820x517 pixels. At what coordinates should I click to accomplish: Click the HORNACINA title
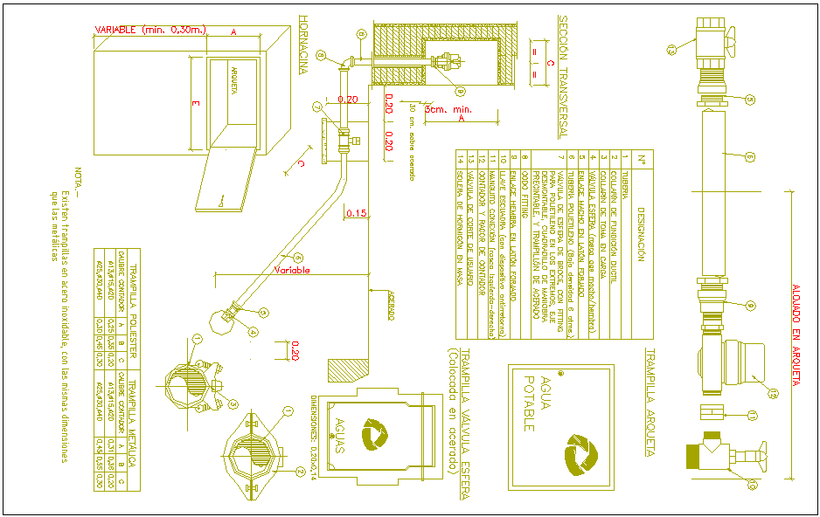[x=303, y=44]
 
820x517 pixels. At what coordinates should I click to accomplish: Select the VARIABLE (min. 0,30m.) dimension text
[x=150, y=30]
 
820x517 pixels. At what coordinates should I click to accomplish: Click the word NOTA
[x=77, y=183]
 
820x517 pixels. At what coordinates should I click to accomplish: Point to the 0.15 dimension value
[x=356, y=212]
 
